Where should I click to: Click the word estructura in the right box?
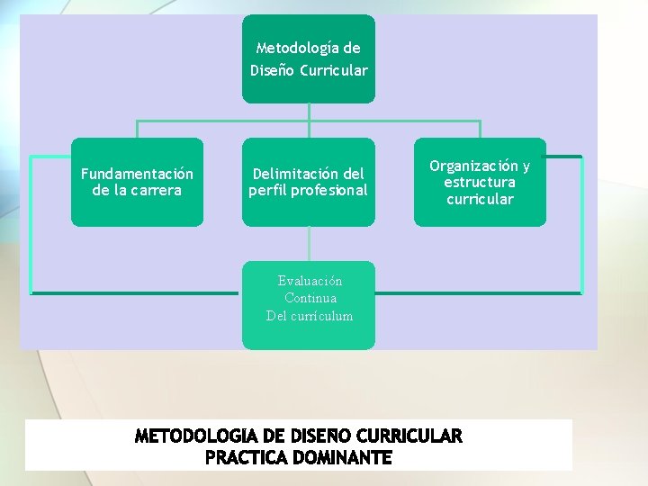click(x=480, y=182)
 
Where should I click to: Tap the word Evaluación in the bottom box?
click(x=310, y=281)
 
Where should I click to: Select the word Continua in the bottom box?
click(x=310, y=298)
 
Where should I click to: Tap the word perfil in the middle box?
click(x=267, y=190)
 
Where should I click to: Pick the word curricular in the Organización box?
click(x=480, y=199)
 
